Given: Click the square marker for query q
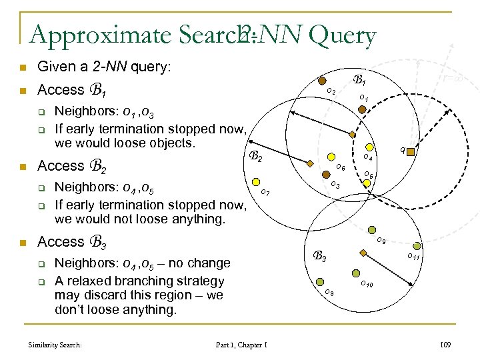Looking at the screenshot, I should click(x=411, y=153).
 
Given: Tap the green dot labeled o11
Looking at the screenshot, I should click(x=417, y=246).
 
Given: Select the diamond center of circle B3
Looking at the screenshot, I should click(x=363, y=253).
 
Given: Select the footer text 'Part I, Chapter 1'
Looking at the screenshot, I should click(x=242, y=345).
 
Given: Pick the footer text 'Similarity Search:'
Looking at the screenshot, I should click(x=55, y=345).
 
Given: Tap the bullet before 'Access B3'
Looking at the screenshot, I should click(x=23, y=242).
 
